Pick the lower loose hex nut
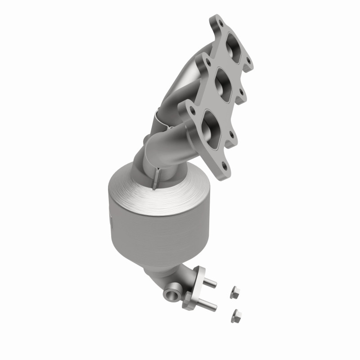(x=235, y=316)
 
